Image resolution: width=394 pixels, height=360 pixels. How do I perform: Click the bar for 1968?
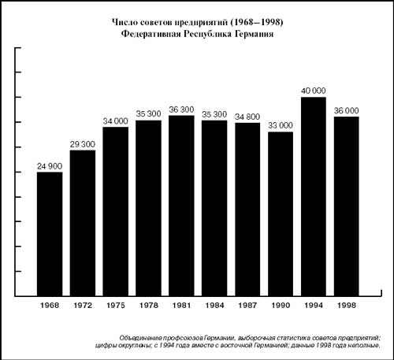[x=50, y=234]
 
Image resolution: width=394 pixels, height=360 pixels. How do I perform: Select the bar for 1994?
[x=314, y=197]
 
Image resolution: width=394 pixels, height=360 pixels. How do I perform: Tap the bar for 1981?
[x=181, y=206]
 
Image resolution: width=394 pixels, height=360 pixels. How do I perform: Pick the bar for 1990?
[x=281, y=214]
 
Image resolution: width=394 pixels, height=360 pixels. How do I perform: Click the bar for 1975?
[x=116, y=212]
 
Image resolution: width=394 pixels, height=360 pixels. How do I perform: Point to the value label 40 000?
[x=314, y=91]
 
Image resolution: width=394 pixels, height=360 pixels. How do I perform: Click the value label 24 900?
[x=50, y=166]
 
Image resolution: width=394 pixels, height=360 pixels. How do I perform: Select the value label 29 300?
[x=83, y=144]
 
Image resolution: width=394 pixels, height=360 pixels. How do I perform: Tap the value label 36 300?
[x=181, y=109]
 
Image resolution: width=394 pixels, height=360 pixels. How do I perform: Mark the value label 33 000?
[x=281, y=125]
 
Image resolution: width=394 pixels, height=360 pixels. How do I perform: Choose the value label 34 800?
[x=247, y=117]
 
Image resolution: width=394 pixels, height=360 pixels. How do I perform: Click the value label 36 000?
[x=347, y=111]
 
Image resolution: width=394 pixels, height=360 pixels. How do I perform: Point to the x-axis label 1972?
[x=83, y=306]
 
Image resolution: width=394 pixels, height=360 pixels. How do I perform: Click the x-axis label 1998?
[x=347, y=306]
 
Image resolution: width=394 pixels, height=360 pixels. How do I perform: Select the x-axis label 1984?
[x=214, y=306]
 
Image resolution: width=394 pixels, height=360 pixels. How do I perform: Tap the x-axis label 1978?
[x=149, y=306]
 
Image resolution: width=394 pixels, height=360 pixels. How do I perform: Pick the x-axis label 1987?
[x=247, y=306]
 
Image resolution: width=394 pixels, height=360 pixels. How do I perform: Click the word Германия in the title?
[x=254, y=34]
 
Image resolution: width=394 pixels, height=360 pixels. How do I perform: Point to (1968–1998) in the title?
[x=257, y=22]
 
